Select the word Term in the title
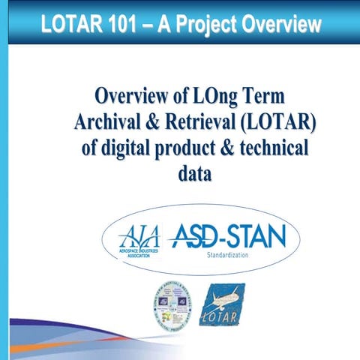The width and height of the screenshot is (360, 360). [x=266, y=97]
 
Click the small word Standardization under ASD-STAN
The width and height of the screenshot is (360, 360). [x=228, y=256]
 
